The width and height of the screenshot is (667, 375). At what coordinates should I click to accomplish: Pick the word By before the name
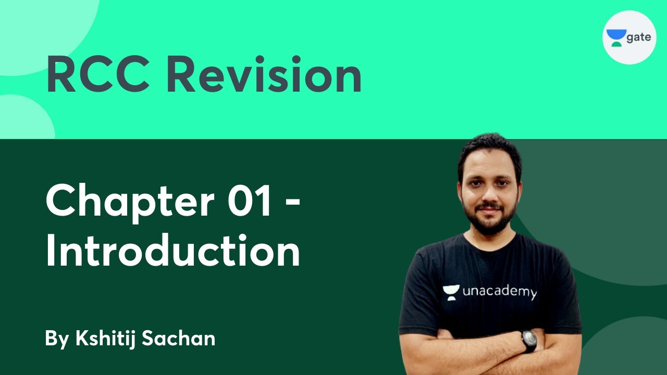tap(57, 339)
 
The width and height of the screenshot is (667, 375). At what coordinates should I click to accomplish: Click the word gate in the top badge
tap(638, 38)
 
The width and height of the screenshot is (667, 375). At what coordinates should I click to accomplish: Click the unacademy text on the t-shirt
tap(499, 293)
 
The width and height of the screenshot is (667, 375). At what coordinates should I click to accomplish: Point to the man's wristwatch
tap(529, 341)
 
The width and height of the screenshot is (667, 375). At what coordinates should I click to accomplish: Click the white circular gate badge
tap(629, 37)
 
